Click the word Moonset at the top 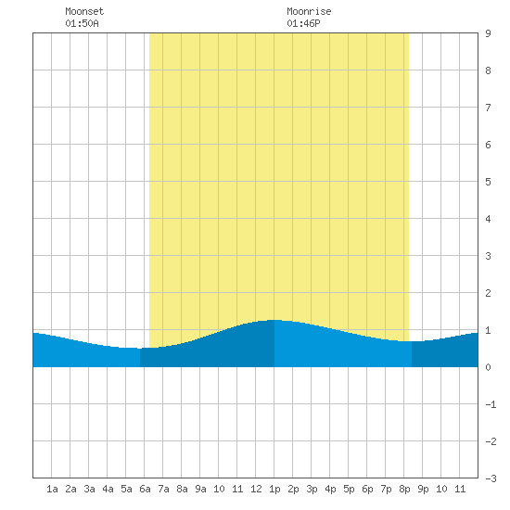pos(84,11)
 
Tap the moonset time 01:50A pos(82,23)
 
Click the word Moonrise pos(309,11)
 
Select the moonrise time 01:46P pos(303,23)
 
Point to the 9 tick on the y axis pos(488,33)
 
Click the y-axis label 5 pos(488,182)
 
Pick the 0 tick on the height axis pos(488,367)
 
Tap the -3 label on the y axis pos(491,478)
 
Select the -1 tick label pos(491,404)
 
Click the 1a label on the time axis pos(52,489)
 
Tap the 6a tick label pos(145,489)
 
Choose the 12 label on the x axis pos(256,489)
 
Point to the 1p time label pos(274,489)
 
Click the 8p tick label pos(404,489)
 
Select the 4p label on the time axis pos(330,489)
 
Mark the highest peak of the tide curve pos(274,320)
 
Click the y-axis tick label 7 pos(488,108)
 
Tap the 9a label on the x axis pos(200,489)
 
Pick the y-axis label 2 pos(488,293)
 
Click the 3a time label pos(89,489)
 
